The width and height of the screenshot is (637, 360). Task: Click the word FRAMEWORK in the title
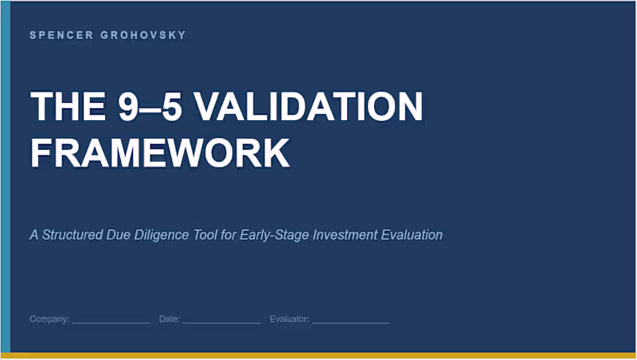click(159, 152)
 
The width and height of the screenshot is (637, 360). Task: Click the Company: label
click(49, 319)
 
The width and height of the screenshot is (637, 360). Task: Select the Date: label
click(170, 319)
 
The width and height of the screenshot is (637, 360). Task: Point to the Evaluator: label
click(290, 319)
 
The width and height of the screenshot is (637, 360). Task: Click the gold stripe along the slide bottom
click(318, 355)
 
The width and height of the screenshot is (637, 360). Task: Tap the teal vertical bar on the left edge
click(5, 175)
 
